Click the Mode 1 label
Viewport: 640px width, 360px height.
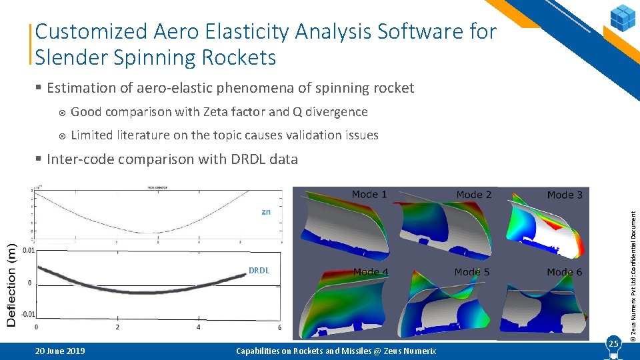pyautogui.click(x=369, y=194)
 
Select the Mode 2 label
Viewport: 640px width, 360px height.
pyautogui.click(x=473, y=195)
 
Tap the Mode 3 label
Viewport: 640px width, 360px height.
pyautogui.click(x=565, y=195)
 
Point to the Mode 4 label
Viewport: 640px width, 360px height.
pyautogui.click(x=371, y=272)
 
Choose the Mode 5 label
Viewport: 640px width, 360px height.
pyautogui.click(x=472, y=272)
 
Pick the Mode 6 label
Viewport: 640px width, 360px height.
pyautogui.click(x=564, y=272)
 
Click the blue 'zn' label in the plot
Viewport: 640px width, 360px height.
pyautogui.click(x=266, y=211)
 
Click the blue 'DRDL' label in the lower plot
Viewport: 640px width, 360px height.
pyautogui.click(x=259, y=270)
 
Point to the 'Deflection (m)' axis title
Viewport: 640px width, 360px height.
pyautogui.click(x=11, y=283)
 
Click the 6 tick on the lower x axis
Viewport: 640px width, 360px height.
pyautogui.click(x=279, y=327)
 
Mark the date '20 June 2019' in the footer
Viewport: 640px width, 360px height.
pyautogui.click(x=61, y=351)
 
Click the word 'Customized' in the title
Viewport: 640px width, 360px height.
pyautogui.click(x=91, y=31)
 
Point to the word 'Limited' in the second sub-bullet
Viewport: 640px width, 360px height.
pyautogui.click(x=91, y=135)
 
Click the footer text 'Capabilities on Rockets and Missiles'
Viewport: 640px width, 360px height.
pyautogui.click(x=313, y=351)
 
